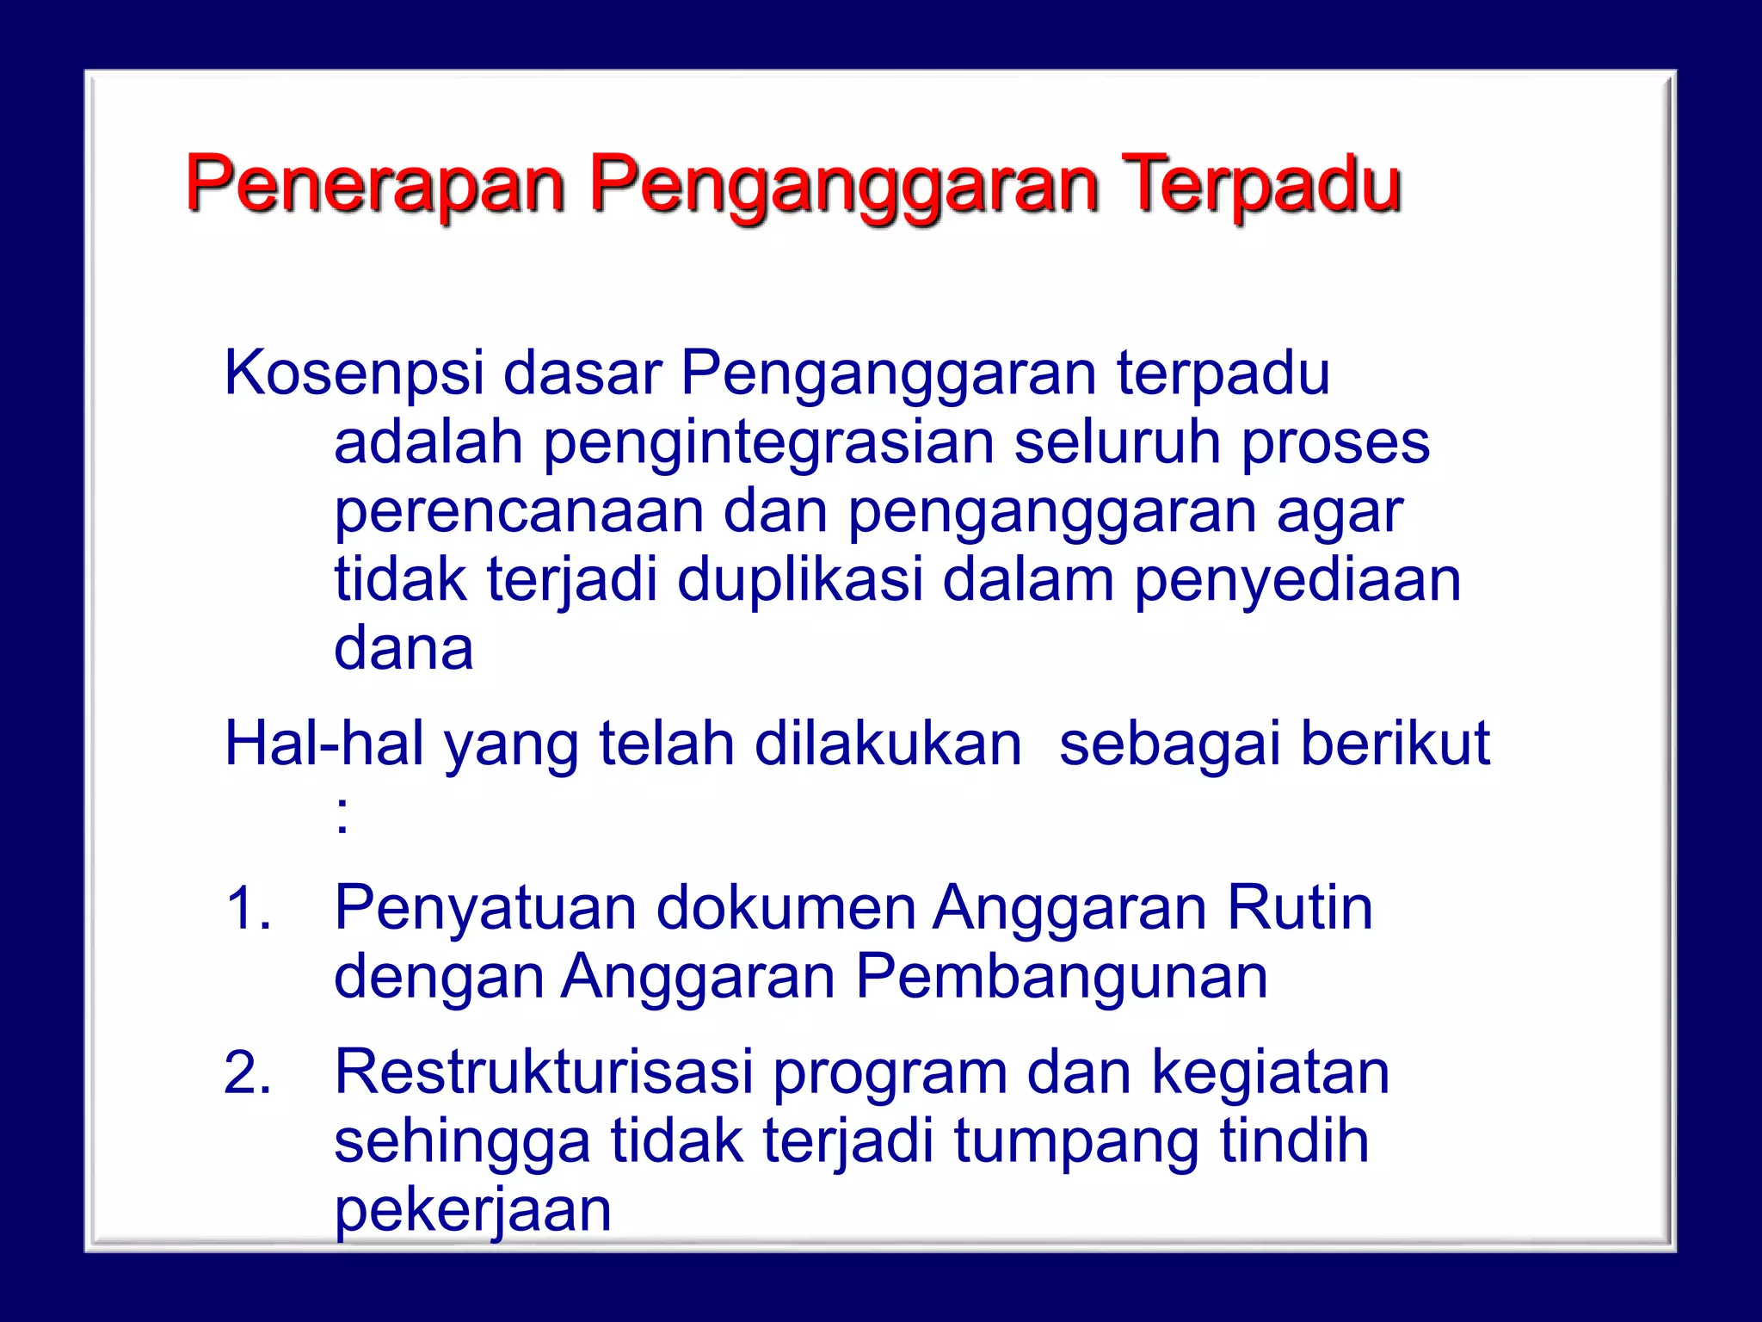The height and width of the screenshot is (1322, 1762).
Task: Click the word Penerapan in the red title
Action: (375, 183)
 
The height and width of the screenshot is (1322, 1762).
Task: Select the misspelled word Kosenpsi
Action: (354, 374)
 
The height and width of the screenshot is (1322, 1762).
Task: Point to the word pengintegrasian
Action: (767, 443)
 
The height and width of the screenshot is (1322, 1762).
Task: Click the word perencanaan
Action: (518, 511)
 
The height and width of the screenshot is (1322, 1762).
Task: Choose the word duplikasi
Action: (799, 579)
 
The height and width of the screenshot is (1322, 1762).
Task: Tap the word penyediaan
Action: (1297, 581)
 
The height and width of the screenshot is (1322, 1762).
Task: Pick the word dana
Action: (404, 648)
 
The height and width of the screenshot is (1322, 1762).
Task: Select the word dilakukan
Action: (888, 744)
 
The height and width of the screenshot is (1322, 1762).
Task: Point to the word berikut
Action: (1395, 744)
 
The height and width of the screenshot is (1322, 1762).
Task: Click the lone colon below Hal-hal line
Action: (342, 814)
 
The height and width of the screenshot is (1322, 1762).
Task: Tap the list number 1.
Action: (248, 909)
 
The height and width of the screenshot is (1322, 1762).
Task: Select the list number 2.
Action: (248, 1073)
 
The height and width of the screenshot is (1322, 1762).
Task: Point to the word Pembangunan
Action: (1061, 978)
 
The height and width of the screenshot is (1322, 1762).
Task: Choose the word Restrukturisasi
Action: (543, 1073)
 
